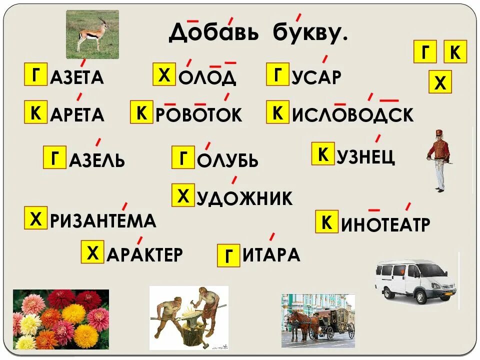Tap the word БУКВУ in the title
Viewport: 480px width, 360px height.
tap(309, 32)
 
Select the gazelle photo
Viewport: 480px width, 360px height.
tap(92, 34)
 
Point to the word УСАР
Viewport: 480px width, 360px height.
tap(316, 77)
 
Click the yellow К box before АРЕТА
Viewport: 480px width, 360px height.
tap(36, 112)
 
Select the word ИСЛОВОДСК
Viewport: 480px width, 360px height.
tap(352, 114)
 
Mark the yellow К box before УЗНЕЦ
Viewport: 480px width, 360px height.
tap(323, 154)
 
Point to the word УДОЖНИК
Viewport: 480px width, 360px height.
tap(244, 198)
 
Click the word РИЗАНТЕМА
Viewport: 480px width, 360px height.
tap(103, 220)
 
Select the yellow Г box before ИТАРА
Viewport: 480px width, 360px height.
tap(228, 255)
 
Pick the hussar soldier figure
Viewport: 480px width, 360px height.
tap(439, 160)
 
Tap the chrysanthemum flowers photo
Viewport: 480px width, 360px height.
tap(60, 318)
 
